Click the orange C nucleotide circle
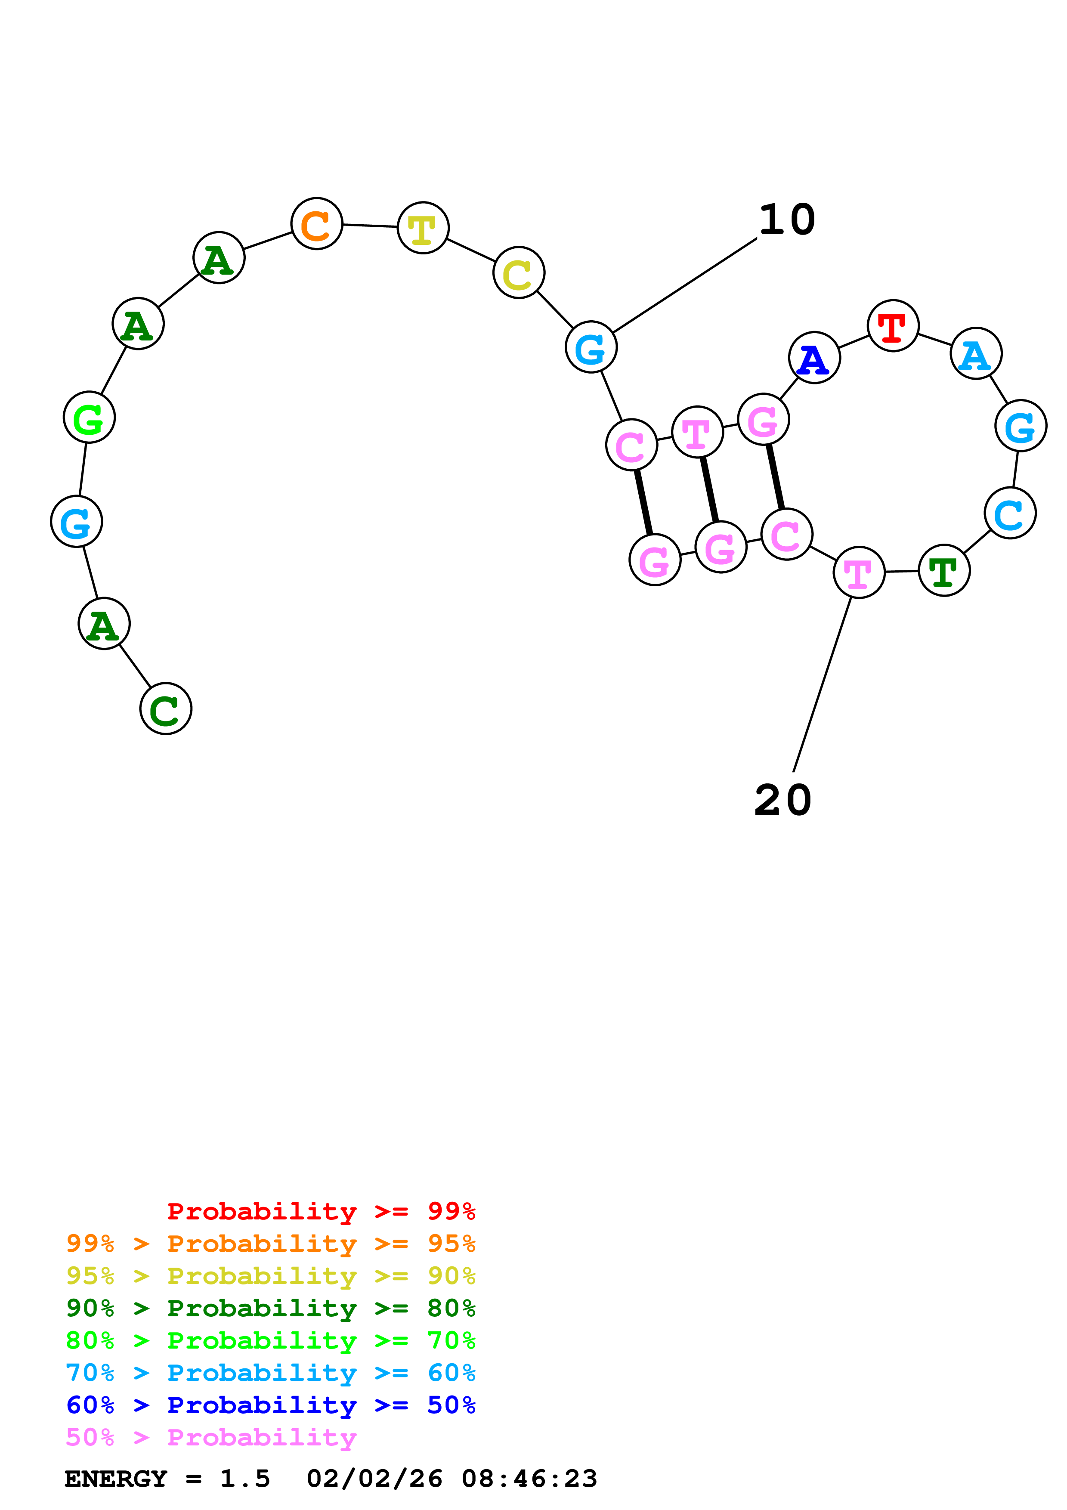(x=316, y=223)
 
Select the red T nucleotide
(x=892, y=325)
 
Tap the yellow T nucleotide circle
(x=423, y=228)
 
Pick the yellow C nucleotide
(x=519, y=272)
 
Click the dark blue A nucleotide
(x=814, y=358)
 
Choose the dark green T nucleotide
(x=943, y=570)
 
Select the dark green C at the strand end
(x=166, y=709)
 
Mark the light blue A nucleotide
(x=976, y=353)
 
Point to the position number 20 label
(x=782, y=800)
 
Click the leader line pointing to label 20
(x=822, y=684)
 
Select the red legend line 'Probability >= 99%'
(x=321, y=1211)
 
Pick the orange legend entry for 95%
(x=270, y=1243)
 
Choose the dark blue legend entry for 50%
(x=270, y=1405)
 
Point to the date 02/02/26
(x=374, y=1479)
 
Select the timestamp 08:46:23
(x=529, y=1479)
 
